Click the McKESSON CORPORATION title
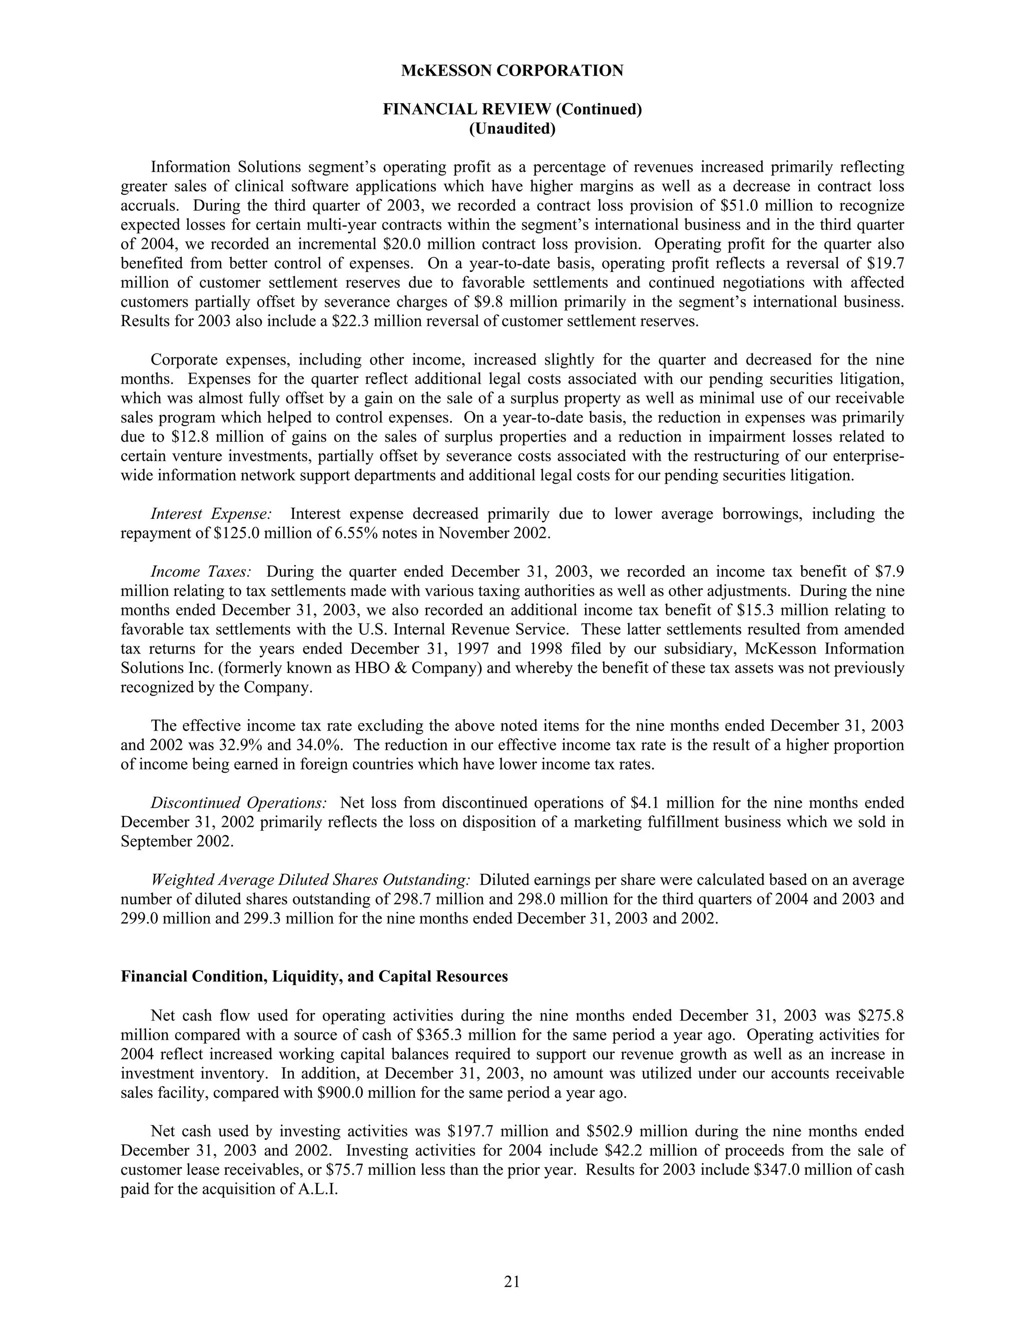pos(512,71)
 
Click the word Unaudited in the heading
pos(512,129)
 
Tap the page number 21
pos(512,1281)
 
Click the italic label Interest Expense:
pos(211,514)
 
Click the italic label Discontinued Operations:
pos(239,803)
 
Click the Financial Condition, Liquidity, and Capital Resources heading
pos(314,976)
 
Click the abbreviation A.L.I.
pos(316,1189)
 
